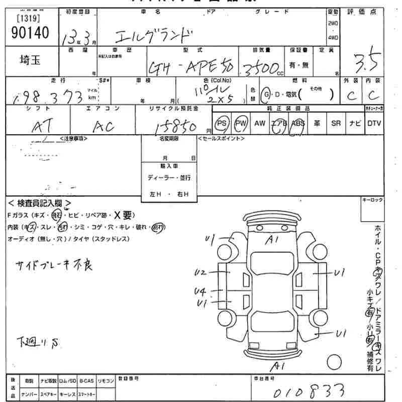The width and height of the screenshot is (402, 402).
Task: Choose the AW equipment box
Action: coord(260,124)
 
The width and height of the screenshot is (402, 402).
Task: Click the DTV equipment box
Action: coord(373,124)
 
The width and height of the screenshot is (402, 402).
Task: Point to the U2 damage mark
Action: coord(200,273)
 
